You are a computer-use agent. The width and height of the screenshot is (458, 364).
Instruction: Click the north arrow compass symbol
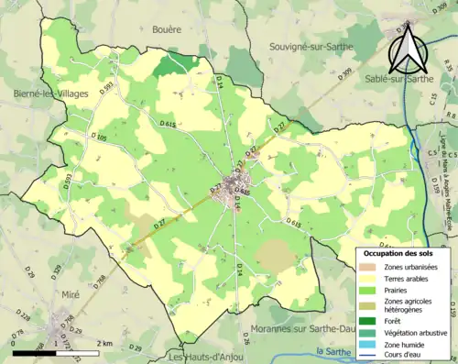(x=405, y=50)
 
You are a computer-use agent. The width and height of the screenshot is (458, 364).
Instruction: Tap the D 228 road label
(x=27, y=318)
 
